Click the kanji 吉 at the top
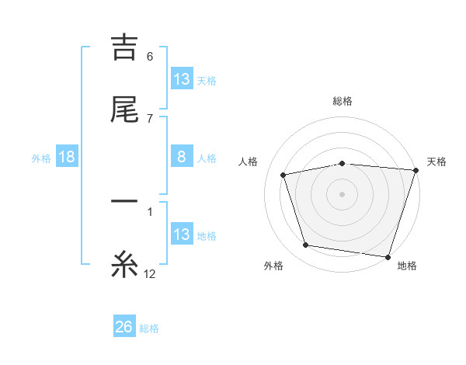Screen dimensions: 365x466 pos(124,47)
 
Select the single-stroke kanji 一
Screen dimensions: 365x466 pos(124,203)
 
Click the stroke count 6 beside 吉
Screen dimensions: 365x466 pos(150,57)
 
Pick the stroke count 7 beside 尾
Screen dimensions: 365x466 pos(150,119)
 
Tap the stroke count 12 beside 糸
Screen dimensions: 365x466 pos(150,274)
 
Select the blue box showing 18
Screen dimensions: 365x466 pos(67,157)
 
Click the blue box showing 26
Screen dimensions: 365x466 pos(124,327)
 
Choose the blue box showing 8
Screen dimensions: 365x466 pos(182,157)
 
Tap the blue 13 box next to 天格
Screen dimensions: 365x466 pos(182,79)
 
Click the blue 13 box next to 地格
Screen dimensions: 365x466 pos(182,235)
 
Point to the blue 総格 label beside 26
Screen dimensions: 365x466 pos(149,328)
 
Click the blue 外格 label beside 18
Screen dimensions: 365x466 pos(41,158)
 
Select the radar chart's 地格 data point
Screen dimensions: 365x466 pos(388,256)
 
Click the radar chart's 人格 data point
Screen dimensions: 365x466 pos(283,175)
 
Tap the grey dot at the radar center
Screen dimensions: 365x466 pos(342,193)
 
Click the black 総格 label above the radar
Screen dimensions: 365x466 pos(342,101)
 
